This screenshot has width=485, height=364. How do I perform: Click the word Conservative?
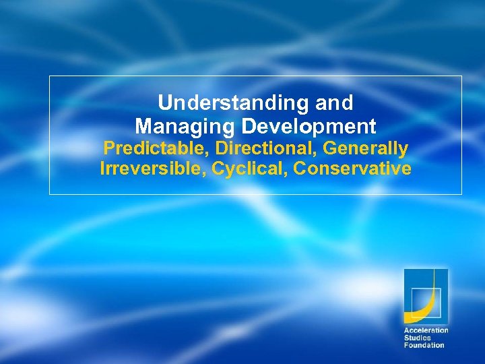point(352,169)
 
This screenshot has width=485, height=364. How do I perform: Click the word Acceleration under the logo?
point(426,330)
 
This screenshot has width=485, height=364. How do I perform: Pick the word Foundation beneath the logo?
point(424,345)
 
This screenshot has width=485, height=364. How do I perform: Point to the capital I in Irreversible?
point(102,169)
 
